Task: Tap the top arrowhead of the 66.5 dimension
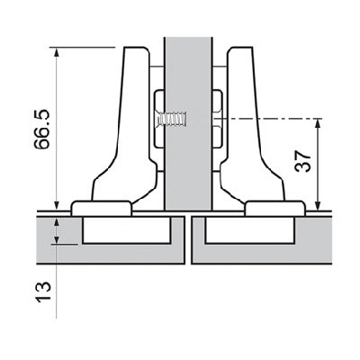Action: click(x=57, y=51)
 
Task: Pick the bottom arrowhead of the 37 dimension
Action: click(x=319, y=205)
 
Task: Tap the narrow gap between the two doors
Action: click(x=189, y=238)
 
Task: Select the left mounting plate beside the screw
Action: click(x=157, y=117)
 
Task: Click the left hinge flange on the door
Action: click(x=101, y=208)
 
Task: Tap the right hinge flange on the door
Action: click(x=275, y=208)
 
